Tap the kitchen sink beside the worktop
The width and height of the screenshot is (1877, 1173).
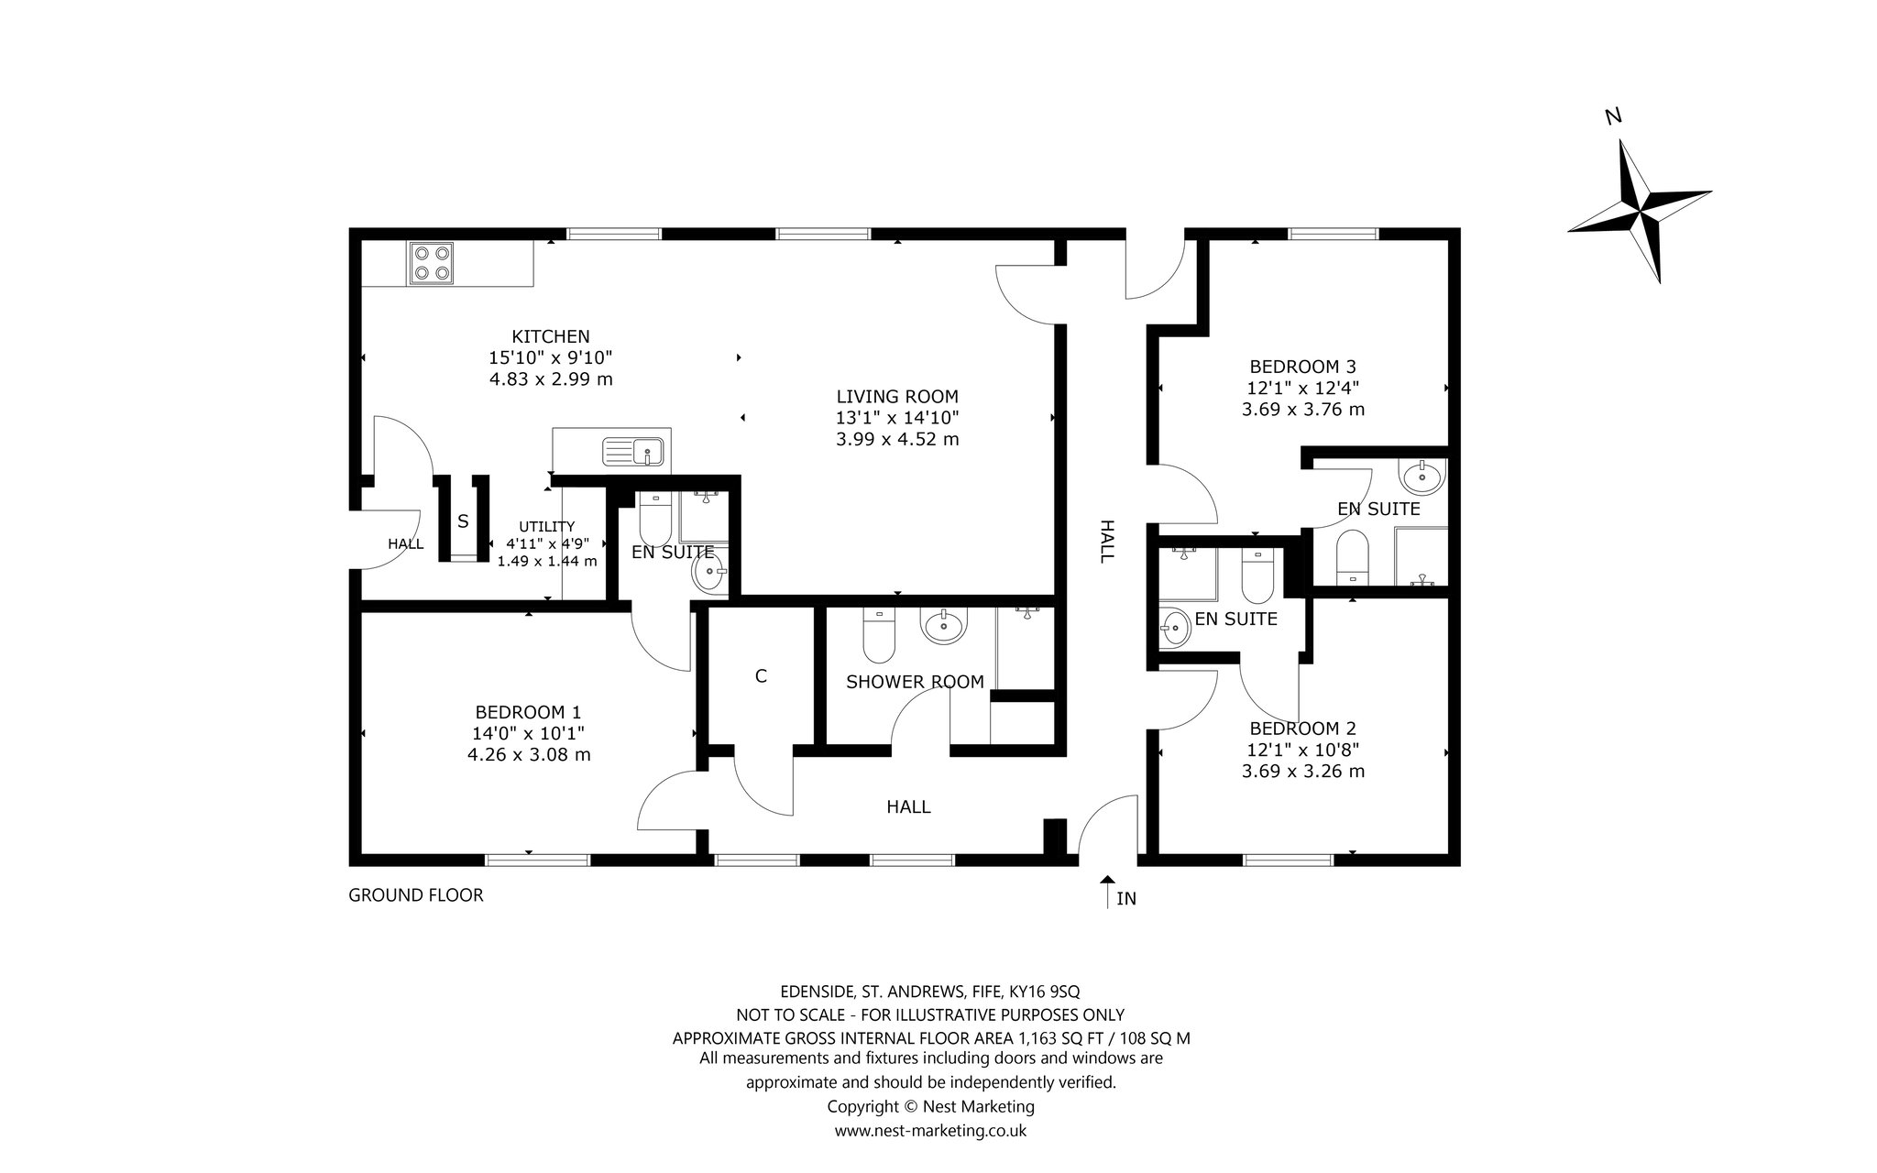pyautogui.click(x=632, y=452)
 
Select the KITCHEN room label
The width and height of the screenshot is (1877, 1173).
pyautogui.click(x=551, y=336)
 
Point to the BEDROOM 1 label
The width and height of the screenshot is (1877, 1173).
pyautogui.click(x=528, y=712)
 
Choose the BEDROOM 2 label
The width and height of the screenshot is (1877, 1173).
pyautogui.click(x=1302, y=729)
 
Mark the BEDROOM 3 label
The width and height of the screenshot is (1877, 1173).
pyautogui.click(x=1302, y=367)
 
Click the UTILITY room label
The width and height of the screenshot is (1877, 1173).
pyautogui.click(x=547, y=526)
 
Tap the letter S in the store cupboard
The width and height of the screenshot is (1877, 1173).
pyautogui.click(x=463, y=521)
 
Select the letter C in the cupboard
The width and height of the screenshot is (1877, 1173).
pyautogui.click(x=761, y=676)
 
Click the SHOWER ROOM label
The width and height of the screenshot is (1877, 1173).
pyautogui.click(x=915, y=682)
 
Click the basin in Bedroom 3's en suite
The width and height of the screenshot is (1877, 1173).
pyautogui.click(x=1421, y=475)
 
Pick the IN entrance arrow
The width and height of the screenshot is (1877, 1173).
pyautogui.click(x=1107, y=891)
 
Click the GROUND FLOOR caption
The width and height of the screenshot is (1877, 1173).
pyautogui.click(x=416, y=895)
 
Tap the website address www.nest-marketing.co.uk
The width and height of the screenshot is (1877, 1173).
pyautogui.click(x=930, y=1131)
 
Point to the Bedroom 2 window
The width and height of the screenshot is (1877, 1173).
pyautogui.click(x=1288, y=860)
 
